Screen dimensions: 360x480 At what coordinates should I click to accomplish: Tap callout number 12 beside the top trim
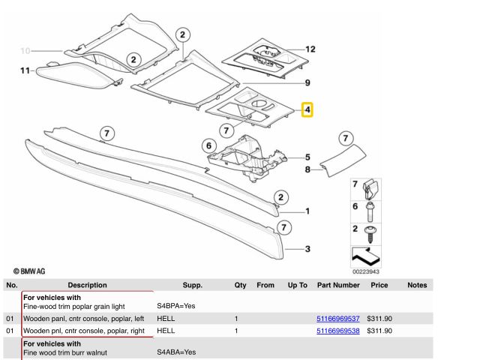pyautogui.click(x=310, y=49)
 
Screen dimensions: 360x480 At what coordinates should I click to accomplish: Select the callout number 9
pyautogui.click(x=307, y=82)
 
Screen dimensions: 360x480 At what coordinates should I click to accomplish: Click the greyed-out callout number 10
pyautogui.click(x=25, y=51)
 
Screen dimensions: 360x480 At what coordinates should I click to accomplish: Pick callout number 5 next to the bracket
pyautogui.click(x=307, y=157)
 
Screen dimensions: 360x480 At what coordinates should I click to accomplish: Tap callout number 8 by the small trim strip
pyautogui.click(x=307, y=170)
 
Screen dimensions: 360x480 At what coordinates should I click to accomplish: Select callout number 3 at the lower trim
pyautogui.click(x=307, y=248)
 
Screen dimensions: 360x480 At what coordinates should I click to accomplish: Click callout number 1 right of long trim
pyautogui.click(x=307, y=211)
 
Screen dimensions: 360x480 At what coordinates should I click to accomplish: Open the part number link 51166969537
pyautogui.click(x=338, y=319)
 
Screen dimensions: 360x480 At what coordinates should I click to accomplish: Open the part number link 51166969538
pyautogui.click(x=338, y=330)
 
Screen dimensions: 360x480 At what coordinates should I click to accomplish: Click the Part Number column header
pyautogui.click(x=338, y=285)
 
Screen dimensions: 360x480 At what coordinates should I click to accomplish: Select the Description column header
pyautogui.click(x=87, y=285)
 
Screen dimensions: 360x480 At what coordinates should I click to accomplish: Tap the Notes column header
pyautogui.click(x=417, y=285)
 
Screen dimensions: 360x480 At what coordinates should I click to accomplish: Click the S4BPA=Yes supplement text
pyautogui.click(x=176, y=307)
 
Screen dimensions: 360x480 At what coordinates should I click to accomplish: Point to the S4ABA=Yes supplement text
pyautogui.click(x=176, y=352)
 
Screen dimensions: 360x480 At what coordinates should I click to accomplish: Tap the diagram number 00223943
pyautogui.click(x=365, y=271)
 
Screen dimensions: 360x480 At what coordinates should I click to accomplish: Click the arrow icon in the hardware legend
pyautogui.click(x=364, y=255)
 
